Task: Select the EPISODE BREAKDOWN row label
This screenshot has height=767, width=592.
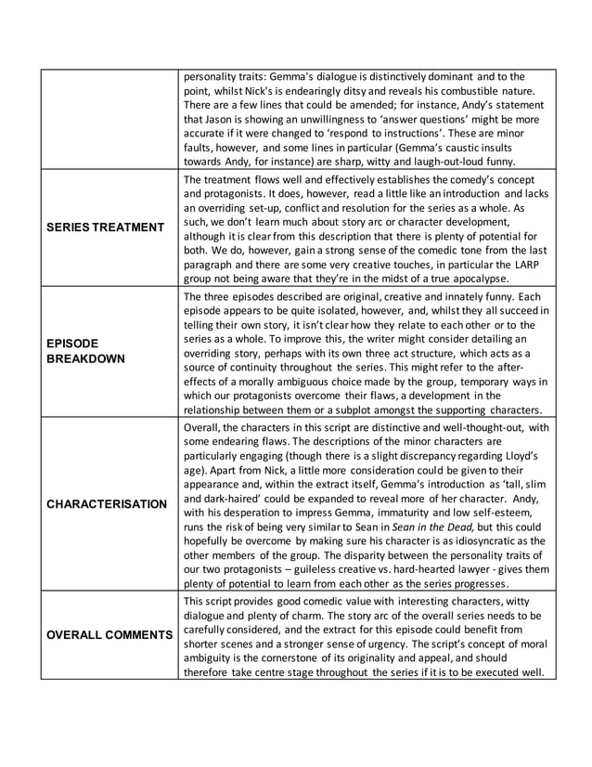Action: (85, 351)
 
